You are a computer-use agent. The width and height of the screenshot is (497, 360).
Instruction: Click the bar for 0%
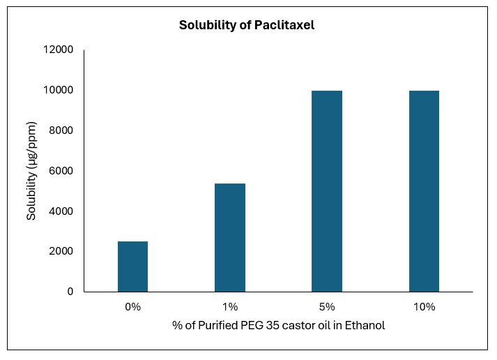point(132,267)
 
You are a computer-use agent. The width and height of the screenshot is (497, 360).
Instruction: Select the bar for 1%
point(229,237)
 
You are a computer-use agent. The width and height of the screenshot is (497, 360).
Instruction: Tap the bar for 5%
point(326,191)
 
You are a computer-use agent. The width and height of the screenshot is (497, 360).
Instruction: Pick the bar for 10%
point(424,191)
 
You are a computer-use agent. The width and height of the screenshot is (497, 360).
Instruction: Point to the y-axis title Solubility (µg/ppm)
point(31,170)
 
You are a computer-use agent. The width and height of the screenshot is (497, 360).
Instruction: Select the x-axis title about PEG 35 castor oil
point(278,326)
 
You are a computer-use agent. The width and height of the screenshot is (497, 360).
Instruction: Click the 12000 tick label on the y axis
point(58,50)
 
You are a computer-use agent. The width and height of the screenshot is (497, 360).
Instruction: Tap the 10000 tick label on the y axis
point(58,91)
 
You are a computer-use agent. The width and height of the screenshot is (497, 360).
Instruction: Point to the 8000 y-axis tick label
point(60,130)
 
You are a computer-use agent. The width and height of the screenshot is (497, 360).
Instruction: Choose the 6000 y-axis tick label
point(60,171)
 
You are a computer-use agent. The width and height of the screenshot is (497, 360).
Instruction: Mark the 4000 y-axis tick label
point(60,211)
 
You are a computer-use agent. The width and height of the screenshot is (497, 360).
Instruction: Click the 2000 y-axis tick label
point(60,251)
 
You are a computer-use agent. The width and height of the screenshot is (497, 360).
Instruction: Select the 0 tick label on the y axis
point(70,292)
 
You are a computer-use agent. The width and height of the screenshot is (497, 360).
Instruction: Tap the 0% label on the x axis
point(132,307)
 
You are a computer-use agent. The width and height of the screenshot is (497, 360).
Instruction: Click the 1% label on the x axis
point(230,307)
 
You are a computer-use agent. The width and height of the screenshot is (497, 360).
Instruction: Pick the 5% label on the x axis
point(327,307)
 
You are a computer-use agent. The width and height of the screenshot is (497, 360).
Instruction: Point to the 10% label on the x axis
point(424,307)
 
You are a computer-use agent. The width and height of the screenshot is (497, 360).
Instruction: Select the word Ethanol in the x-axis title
point(365,326)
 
